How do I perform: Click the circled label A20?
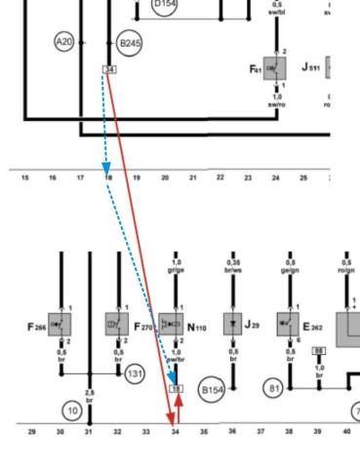tap(64, 42)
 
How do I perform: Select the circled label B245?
tap(129, 44)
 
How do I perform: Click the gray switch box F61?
tap(275, 68)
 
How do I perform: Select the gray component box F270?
tap(117, 325)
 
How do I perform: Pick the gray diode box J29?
tap(232, 325)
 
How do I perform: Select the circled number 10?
tap(71, 410)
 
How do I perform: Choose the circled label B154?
tap(212, 391)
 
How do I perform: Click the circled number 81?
tap(274, 387)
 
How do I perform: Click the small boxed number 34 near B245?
tap(108, 70)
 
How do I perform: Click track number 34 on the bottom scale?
tap(175, 431)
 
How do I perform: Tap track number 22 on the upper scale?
tap(220, 177)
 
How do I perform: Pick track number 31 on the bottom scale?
tap(89, 431)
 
